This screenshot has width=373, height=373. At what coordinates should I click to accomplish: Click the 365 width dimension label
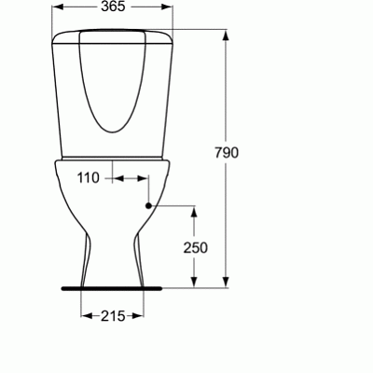(x=113, y=7)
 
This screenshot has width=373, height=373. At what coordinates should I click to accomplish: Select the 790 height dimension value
(x=241, y=153)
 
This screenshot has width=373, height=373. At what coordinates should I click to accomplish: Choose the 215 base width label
(x=113, y=316)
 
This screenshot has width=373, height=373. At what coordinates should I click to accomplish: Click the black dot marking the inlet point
(x=148, y=204)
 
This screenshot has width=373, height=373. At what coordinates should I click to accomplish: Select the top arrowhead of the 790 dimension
(x=226, y=35)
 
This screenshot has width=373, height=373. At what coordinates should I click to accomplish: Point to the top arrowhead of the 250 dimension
(x=195, y=210)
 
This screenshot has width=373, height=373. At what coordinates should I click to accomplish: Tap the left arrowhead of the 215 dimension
(x=84, y=315)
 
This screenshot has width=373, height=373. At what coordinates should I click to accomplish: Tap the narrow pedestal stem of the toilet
(x=113, y=256)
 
